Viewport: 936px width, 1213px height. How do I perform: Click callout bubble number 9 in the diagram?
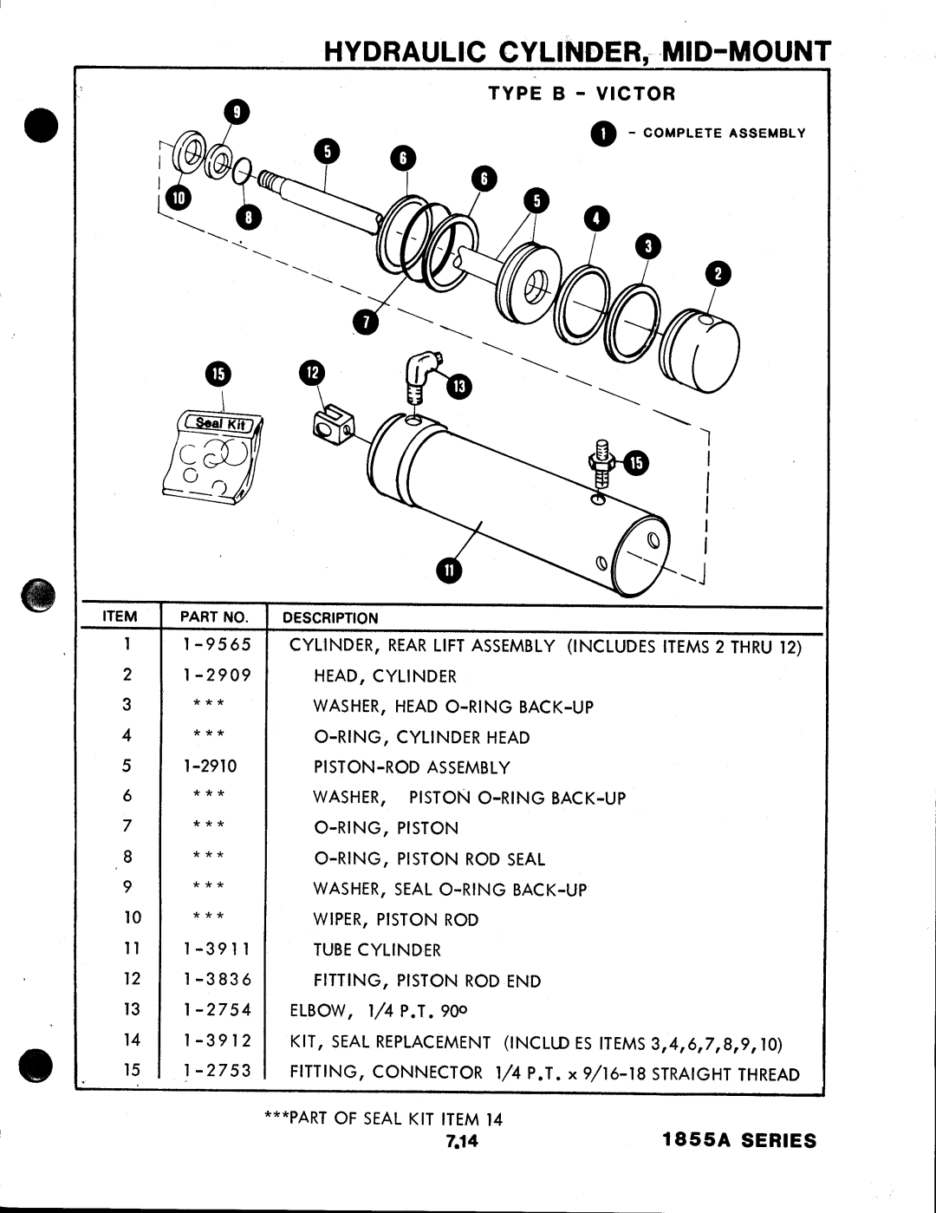[x=236, y=113]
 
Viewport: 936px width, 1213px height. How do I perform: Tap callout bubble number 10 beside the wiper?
[x=178, y=198]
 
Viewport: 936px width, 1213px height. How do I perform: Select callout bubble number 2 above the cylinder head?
[x=718, y=276]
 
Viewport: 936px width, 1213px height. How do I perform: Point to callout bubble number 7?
[x=365, y=323]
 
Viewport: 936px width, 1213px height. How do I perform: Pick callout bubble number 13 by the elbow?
[x=458, y=386]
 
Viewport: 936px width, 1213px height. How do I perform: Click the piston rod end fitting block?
[x=330, y=425]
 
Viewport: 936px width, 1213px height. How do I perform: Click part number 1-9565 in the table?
[x=217, y=645]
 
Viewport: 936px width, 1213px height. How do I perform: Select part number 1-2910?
[x=210, y=766]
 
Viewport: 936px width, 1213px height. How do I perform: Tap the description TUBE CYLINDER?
[x=377, y=950]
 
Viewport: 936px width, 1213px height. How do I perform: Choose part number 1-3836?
[x=217, y=980]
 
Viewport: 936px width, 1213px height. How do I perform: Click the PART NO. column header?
[x=213, y=617]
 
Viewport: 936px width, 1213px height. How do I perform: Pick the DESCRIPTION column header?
[x=331, y=618]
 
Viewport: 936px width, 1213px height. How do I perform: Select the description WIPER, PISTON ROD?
[x=395, y=919]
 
